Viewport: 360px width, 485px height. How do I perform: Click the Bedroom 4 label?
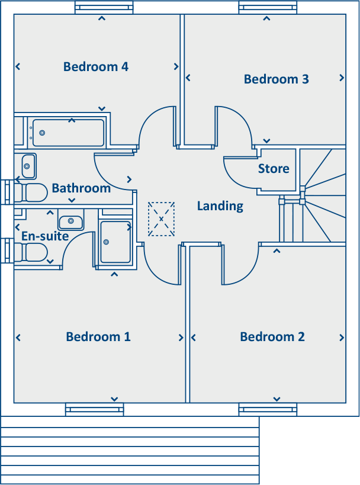tap(96, 66)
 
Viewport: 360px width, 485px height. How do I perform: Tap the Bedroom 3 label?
tap(276, 79)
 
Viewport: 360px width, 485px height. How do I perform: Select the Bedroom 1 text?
tap(98, 336)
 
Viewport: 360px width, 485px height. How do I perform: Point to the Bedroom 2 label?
tap(272, 336)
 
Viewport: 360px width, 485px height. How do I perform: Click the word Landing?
tap(220, 206)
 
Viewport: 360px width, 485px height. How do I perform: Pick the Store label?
tap(274, 169)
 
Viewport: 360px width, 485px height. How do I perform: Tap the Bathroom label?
tap(81, 188)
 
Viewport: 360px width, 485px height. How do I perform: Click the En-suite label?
tap(45, 236)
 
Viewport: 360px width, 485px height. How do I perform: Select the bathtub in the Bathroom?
tap(67, 133)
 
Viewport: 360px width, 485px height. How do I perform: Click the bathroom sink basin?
tap(28, 166)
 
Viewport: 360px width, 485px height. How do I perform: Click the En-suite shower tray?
tap(115, 242)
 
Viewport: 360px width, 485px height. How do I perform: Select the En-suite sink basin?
tap(71, 221)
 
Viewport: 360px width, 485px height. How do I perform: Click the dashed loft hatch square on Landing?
tap(161, 219)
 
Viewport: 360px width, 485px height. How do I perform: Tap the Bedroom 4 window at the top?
tap(103, 8)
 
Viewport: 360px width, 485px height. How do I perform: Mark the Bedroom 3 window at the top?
tap(267, 8)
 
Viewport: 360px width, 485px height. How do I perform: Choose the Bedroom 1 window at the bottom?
tap(94, 409)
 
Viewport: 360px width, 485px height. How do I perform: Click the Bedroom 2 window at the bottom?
tap(268, 409)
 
